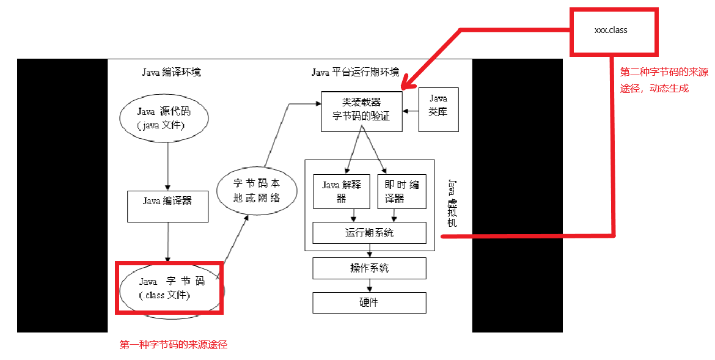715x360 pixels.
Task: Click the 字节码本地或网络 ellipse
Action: coord(257,191)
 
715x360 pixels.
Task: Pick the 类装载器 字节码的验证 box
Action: coord(362,111)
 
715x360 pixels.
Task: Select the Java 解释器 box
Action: coord(342,191)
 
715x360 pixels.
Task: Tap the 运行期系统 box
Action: coord(369,233)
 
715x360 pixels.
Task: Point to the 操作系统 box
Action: coord(369,268)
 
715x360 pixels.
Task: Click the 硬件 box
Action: coord(369,303)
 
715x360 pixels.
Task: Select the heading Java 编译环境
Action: coord(171,72)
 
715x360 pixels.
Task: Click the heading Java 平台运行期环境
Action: coord(355,72)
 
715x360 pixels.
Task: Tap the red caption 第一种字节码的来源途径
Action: coord(173,345)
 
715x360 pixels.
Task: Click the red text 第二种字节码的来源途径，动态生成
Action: coord(664,80)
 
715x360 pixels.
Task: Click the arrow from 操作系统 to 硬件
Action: coord(369,285)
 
